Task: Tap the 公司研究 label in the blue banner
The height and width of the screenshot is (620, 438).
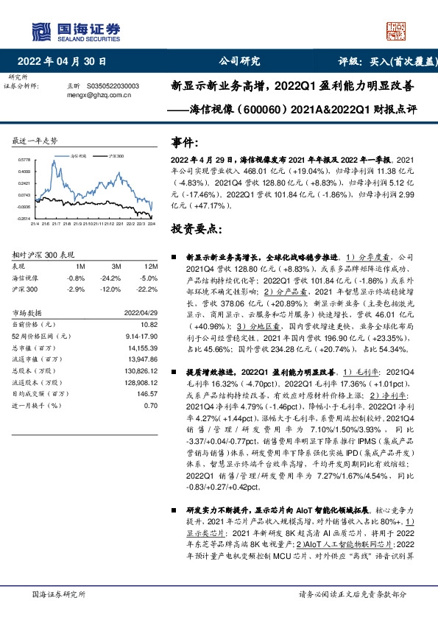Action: coord(240,62)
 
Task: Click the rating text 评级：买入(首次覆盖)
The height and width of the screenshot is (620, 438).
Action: coord(384,62)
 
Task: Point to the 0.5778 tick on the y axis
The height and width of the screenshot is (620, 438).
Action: coord(24,160)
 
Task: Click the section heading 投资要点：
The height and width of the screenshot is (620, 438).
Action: coord(195,230)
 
